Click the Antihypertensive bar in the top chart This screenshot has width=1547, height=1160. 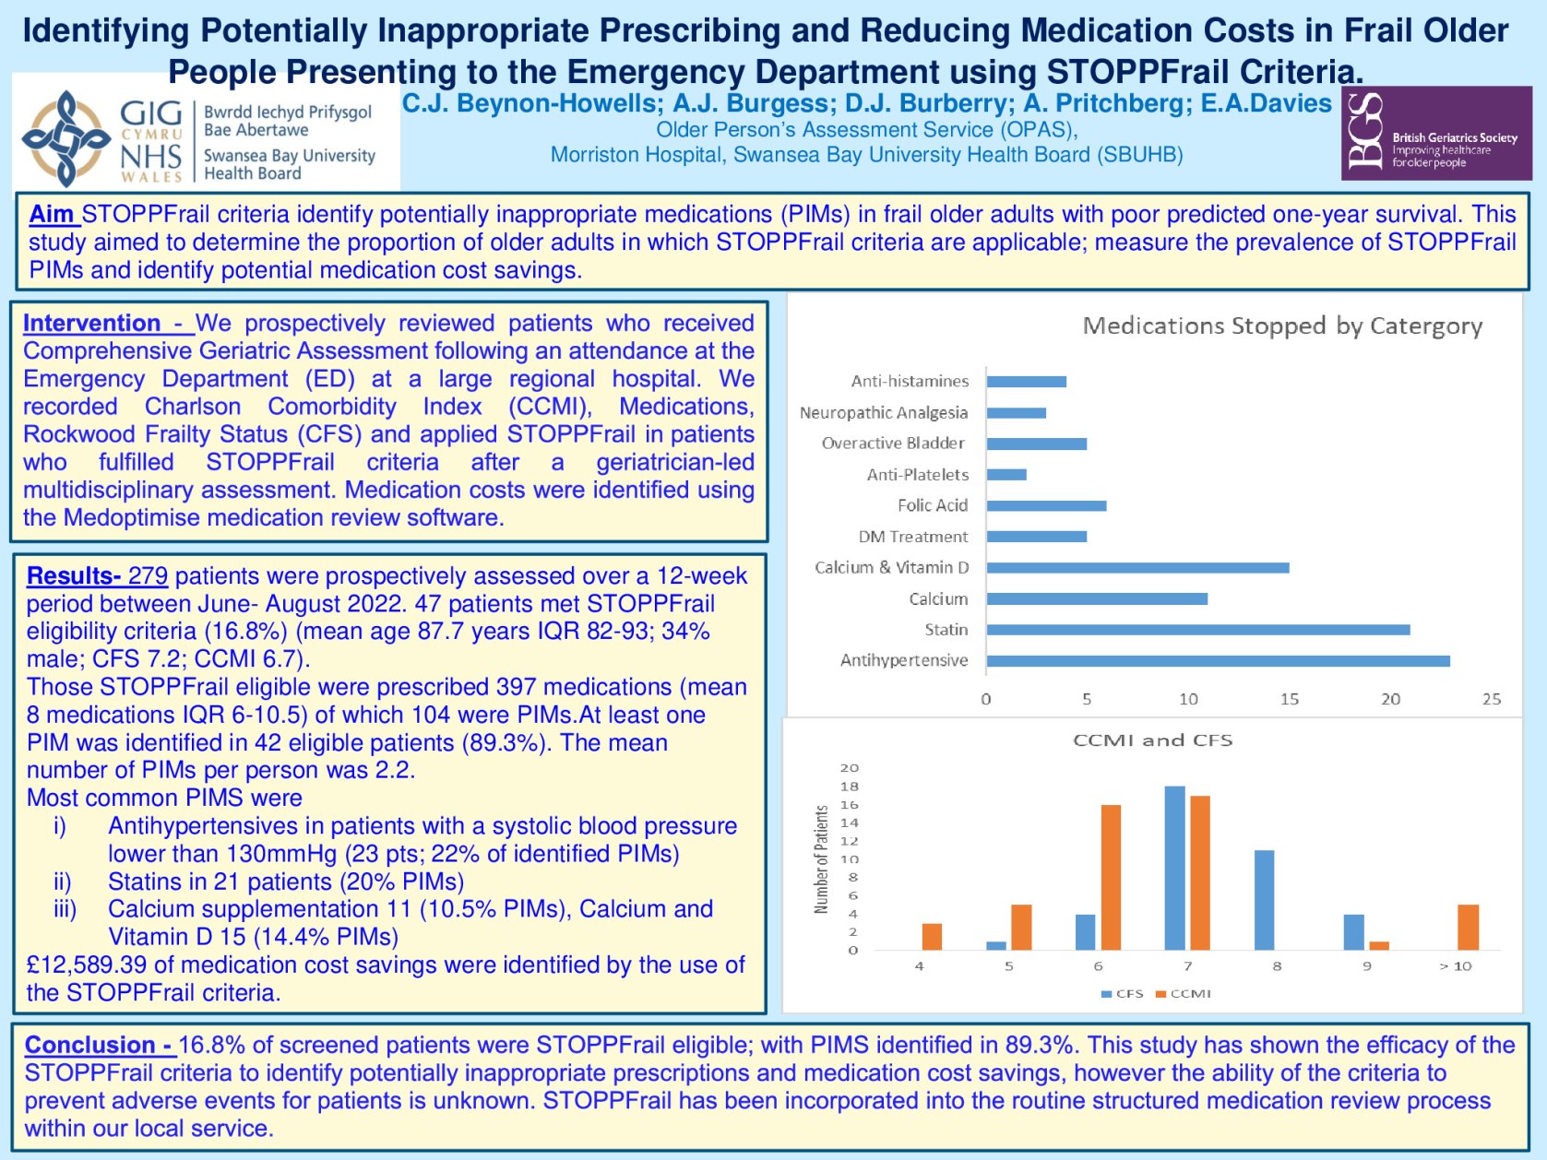[x=1218, y=661]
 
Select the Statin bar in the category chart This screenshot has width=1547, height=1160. [x=1197, y=630]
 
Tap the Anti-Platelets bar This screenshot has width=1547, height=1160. [x=1006, y=475]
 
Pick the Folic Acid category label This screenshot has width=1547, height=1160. [x=932, y=505]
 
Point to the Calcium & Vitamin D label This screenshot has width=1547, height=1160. [x=891, y=567]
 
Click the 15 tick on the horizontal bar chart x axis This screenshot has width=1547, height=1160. [x=1289, y=699]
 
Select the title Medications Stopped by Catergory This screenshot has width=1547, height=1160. [x=1281, y=326]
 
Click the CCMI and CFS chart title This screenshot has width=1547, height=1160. [x=1152, y=740]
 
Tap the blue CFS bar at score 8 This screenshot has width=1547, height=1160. [x=1264, y=900]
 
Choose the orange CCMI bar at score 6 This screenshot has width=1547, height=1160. [x=1111, y=877]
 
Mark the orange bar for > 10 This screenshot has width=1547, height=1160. [x=1468, y=927]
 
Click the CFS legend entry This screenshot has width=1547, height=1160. [x=1123, y=994]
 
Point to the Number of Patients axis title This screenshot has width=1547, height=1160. [x=821, y=859]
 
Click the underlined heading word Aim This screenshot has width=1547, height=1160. [x=52, y=215]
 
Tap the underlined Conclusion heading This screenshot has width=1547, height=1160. [x=98, y=1045]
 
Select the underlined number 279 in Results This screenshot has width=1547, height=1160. [x=148, y=576]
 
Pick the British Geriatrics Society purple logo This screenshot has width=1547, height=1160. [x=1435, y=133]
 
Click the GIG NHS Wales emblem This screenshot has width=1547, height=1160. [x=66, y=138]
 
